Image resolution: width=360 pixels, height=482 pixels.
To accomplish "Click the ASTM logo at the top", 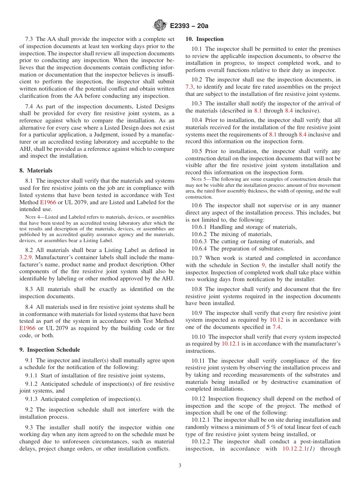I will click(160, 25).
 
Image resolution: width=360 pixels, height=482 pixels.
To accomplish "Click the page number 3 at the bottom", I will click(180, 466).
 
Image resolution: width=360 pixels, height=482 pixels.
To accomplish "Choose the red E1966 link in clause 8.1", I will click(48, 202).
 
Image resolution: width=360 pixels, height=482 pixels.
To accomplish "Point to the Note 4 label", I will click(32, 217).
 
